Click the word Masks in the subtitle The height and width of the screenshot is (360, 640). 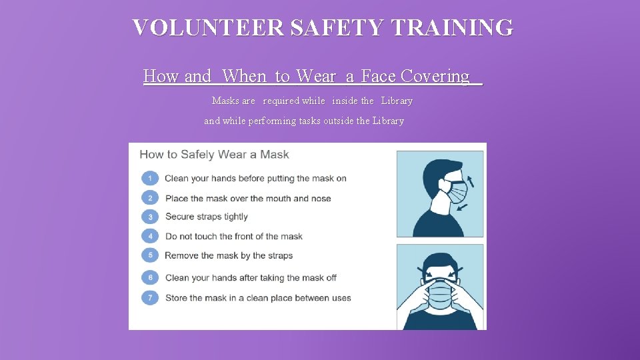point(223,101)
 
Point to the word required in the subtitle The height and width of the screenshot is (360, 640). point(280,101)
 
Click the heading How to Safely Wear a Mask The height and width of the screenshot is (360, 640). point(214,155)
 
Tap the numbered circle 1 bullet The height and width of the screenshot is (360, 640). point(151,178)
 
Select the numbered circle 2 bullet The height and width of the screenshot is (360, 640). point(151,198)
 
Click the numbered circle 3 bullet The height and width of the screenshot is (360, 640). point(151,217)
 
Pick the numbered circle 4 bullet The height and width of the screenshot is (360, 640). point(151,236)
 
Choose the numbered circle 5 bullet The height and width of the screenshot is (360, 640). point(151,255)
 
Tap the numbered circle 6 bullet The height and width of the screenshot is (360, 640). point(151,277)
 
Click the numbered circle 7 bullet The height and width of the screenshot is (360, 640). point(151,298)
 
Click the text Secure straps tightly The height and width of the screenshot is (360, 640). point(206,217)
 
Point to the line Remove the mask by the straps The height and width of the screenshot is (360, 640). point(229,255)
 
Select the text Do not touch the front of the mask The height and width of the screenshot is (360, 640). point(233,236)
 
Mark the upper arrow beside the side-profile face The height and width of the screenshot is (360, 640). point(471,179)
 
